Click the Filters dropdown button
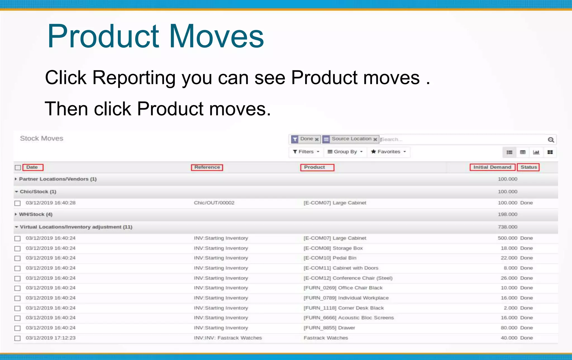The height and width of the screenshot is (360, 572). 306,152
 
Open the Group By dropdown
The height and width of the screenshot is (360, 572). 345,152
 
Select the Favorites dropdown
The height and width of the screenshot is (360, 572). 388,152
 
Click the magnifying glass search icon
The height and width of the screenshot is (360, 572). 550,140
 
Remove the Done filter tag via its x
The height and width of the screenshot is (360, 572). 317,139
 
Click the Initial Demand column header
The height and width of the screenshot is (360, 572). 492,167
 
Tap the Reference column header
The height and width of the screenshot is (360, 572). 207,167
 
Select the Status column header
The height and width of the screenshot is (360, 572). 528,167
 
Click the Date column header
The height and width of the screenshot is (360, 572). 32,167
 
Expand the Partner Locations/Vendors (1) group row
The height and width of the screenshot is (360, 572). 58,179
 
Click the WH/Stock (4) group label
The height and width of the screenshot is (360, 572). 35,214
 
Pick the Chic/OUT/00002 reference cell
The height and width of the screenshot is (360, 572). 214,203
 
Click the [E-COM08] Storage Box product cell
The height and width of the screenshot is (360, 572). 333,248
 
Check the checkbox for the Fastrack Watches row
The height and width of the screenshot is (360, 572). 18,338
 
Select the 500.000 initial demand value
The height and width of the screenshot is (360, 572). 507,238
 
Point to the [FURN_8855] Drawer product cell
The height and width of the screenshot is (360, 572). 329,328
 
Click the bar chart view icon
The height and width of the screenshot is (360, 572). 536,152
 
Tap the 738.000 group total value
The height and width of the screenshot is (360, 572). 507,227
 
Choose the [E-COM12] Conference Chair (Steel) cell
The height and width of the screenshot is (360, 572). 348,278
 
